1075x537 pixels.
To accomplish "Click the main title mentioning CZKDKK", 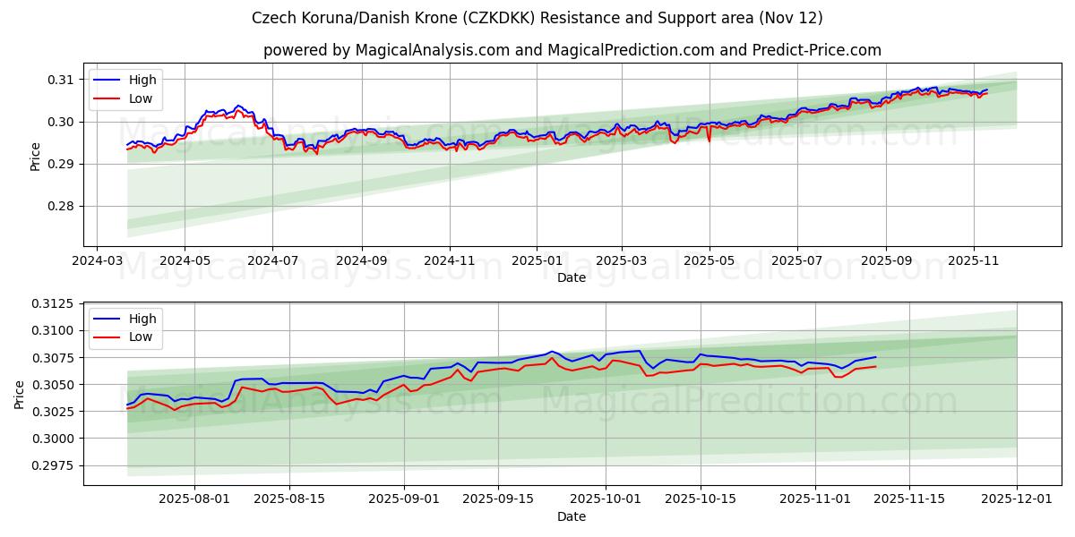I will click(x=537, y=18).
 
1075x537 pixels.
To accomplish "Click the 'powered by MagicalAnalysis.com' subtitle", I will click(x=572, y=50).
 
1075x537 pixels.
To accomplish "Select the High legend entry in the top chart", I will click(x=142, y=80).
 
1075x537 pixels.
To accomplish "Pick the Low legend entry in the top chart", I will click(x=141, y=98).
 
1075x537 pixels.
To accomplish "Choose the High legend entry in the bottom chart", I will click(x=142, y=319).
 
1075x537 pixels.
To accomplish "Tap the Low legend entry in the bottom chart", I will click(x=141, y=337).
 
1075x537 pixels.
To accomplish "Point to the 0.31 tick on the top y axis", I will click(x=61, y=80).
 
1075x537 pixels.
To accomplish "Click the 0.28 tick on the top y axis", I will click(x=61, y=206).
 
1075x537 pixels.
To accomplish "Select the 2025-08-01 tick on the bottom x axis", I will click(x=194, y=499).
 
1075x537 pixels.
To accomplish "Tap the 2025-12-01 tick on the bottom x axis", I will click(x=1017, y=499).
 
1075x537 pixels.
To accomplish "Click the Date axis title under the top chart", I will click(x=572, y=277).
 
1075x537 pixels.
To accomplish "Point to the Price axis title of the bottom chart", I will click(x=20, y=394).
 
